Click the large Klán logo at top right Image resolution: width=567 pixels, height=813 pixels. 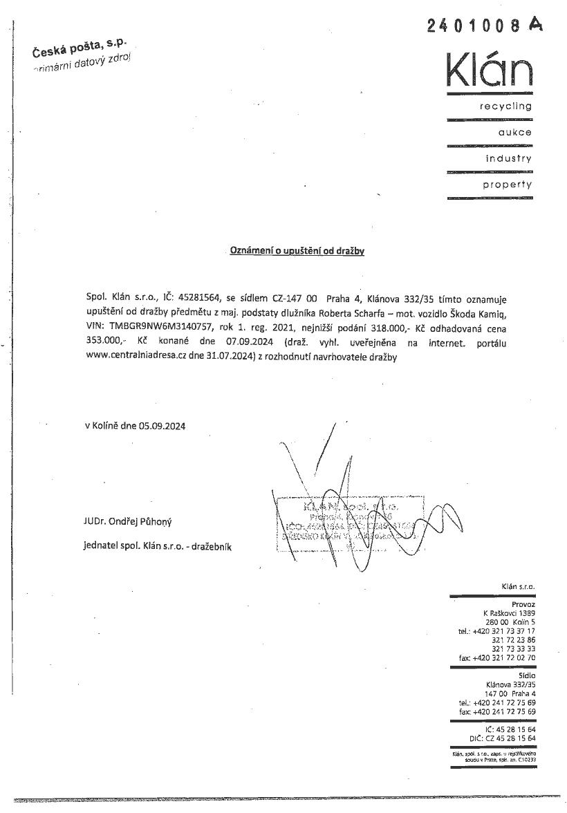(x=490, y=67)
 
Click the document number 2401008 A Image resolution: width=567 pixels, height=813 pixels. (x=485, y=26)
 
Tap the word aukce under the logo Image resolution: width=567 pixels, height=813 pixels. (x=515, y=132)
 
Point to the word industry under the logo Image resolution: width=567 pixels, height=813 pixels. (x=509, y=158)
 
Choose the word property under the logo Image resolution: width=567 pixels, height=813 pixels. (x=508, y=185)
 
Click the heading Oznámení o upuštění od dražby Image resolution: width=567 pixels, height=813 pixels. (x=297, y=251)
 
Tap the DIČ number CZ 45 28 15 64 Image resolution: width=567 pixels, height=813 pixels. (x=511, y=738)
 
